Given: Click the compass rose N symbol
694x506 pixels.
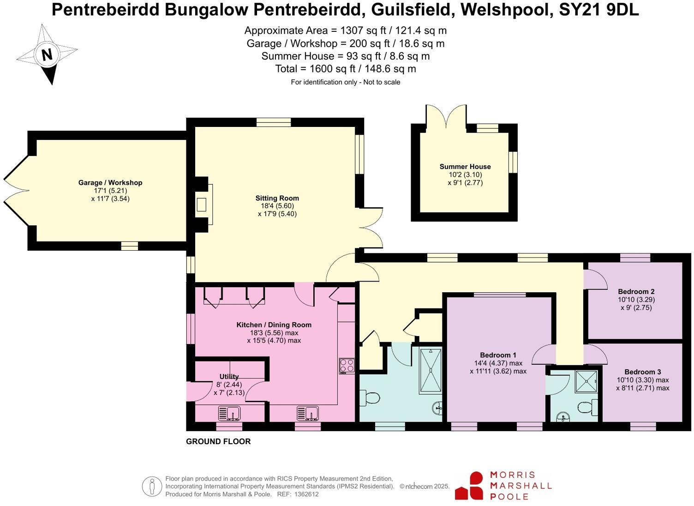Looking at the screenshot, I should click(x=47, y=54).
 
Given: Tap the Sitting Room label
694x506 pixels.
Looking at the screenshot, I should click(x=277, y=199).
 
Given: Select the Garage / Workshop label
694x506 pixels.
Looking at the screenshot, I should click(x=110, y=183).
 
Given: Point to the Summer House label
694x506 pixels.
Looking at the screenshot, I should click(x=465, y=167).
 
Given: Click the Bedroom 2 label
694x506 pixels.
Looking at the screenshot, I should click(x=636, y=292).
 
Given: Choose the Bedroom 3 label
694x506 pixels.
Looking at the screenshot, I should click(x=642, y=372).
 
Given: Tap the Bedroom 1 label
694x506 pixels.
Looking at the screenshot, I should click(x=498, y=355).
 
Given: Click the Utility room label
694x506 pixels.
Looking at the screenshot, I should click(x=229, y=377).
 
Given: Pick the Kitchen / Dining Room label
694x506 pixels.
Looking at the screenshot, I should click(x=274, y=325).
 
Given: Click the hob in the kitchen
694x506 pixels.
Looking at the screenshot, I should click(x=347, y=366).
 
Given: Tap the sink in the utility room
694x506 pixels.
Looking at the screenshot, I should click(x=229, y=413).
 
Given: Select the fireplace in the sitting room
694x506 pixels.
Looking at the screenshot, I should click(x=202, y=205).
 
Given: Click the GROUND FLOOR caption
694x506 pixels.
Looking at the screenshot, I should click(x=218, y=442).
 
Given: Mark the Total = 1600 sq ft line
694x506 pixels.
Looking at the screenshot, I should click(x=345, y=69).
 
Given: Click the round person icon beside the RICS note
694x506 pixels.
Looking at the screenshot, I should click(x=152, y=487).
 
